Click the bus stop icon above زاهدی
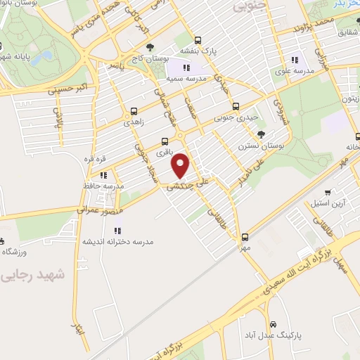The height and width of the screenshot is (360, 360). tap(134, 111)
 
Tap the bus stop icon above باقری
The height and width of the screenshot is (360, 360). tap(165, 141)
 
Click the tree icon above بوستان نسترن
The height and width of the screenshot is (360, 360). tap(262, 134)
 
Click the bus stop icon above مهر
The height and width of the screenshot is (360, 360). tap(245, 237)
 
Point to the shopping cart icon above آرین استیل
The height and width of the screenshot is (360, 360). tap(327, 192)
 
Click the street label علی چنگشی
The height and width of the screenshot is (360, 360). tap(184, 185)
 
